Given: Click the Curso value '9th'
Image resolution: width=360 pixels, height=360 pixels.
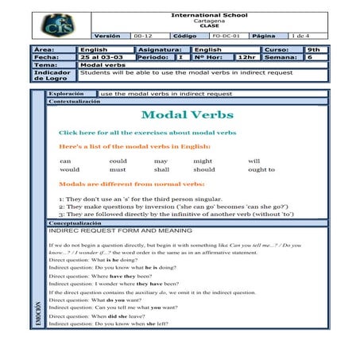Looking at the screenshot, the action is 315,49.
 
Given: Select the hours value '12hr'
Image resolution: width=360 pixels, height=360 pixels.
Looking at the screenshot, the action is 246,57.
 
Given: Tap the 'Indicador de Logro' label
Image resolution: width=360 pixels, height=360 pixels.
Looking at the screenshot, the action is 52,75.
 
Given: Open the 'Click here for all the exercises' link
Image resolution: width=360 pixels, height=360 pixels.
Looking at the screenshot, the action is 147,132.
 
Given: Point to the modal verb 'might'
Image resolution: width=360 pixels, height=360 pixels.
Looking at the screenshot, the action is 203,161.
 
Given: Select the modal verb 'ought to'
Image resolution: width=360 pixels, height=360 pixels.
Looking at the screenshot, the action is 261,169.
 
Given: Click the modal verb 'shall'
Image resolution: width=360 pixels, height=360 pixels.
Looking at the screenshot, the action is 161,169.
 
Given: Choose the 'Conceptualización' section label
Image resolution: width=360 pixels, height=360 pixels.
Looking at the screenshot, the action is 75,102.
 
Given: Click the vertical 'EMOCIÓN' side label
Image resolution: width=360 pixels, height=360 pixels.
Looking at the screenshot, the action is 37,313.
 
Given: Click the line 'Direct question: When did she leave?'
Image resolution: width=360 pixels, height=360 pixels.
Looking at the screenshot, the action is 107,316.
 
